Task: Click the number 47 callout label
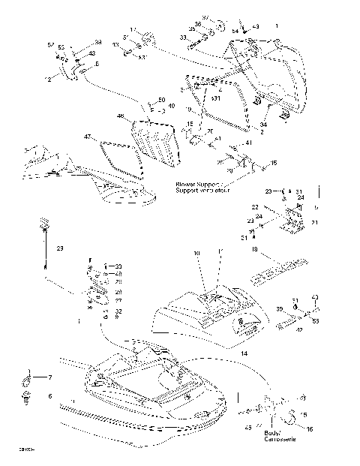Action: tap(87, 137)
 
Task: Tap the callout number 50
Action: tap(161, 100)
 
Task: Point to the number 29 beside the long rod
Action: tap(60, 248)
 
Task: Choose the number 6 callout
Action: tap(50, 396)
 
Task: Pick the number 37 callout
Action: tap(206, 17)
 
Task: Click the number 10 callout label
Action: tap(197, 254)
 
